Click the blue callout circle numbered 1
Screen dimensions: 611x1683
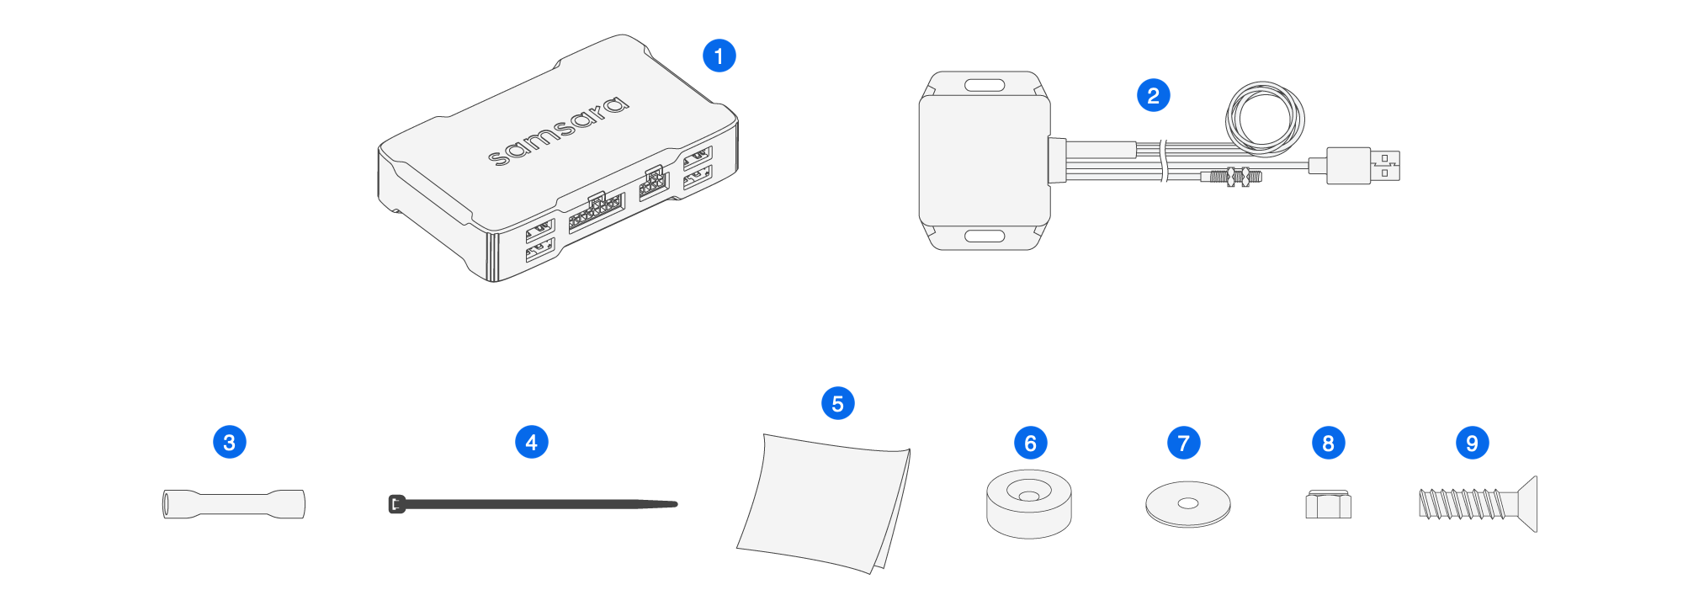[719, 56]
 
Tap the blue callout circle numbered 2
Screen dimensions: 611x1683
[1153, 95]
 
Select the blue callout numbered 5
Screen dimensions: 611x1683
[837, 403]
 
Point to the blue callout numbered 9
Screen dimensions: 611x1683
[1472, 443]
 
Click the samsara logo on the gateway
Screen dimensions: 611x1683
[558, 130]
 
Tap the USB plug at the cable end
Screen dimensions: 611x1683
[1363, 165]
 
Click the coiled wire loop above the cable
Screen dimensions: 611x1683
[1265, 119]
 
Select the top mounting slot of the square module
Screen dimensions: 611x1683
[985, 86]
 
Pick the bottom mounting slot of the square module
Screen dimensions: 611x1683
[985, 236]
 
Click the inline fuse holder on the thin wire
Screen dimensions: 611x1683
[1234, 177]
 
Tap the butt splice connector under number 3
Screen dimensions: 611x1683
[233, 504]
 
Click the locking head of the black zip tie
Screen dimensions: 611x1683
[396, 504]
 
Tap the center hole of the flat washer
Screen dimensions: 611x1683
[1187, 503]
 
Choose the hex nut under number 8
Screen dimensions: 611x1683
[1328, 505]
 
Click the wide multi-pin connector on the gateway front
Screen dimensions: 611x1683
[596, 212]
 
